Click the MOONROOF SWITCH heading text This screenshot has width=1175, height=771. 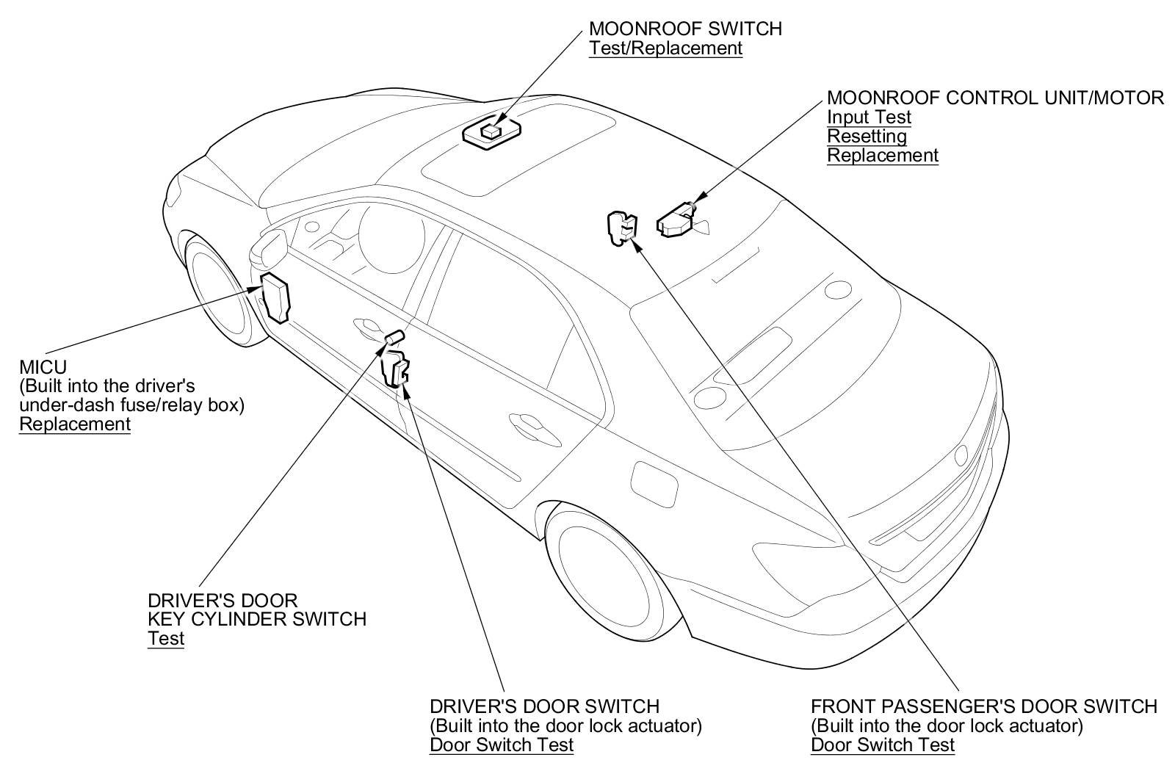[x=685, y=29]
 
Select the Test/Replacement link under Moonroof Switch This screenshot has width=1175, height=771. [x=665, y=48]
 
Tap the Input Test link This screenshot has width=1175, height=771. [x=869, y=117]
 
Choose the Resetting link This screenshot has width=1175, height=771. [x=867, y=136]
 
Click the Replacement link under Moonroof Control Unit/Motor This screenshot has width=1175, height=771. [x=883, y=155]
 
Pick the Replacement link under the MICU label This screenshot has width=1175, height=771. [x=75, y=424]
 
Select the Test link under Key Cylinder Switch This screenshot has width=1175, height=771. [x=166, y=638]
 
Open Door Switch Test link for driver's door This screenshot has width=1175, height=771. [x=502, y=745]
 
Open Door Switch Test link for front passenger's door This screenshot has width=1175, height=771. [x=883, y=745]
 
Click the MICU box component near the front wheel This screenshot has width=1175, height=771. [x=276, y=297]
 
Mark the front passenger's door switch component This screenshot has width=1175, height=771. [x=621, y=228]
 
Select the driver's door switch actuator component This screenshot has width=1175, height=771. [x=397, y=368]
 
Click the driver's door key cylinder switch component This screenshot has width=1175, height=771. [x=394, y=336]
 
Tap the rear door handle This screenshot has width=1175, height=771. [x=527, y=424]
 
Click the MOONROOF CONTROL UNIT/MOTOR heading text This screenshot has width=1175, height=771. [x=995, y=98]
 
